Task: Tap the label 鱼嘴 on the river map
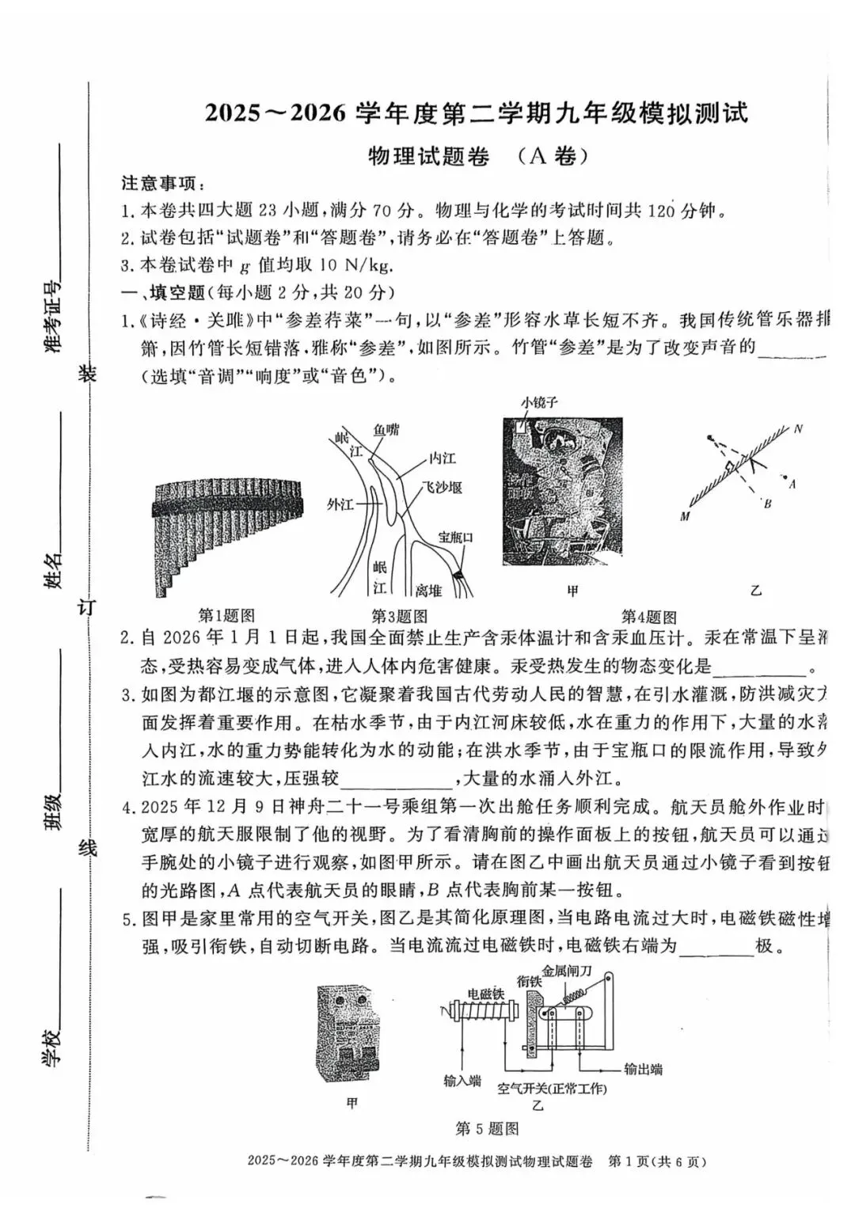point(386,430)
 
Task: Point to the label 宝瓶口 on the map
point(456,538)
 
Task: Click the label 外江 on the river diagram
point(340,504)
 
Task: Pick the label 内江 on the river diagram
point(442,458)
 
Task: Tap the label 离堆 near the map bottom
point(428,590)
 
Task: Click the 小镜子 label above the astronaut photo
point(539,402)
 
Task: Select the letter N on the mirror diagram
point(798,429)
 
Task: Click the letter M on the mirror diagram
point(684,517)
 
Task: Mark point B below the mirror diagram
point(766,504)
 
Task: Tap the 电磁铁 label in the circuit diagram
point(486,994)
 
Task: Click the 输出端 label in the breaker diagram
point(643,1069)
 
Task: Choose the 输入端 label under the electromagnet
point(462,1081)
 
